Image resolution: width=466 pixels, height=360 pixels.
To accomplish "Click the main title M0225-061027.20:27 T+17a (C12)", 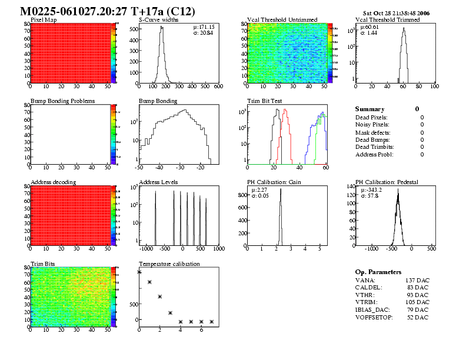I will pos(108,11).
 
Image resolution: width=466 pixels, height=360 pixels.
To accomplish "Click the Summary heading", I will pos(370,109).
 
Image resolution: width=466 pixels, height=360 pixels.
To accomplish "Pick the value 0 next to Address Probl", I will pos(422,155).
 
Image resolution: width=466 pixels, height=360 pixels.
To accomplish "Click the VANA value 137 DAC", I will pos(417,281).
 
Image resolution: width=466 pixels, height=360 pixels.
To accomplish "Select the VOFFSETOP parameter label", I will pos(375,318).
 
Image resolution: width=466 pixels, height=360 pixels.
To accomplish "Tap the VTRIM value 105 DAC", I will pos(417,302).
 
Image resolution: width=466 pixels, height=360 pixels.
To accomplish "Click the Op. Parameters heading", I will pos(378,272).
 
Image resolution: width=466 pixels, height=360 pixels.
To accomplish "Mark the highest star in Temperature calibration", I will pos(139,272).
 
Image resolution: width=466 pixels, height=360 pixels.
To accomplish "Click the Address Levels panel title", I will pos(158,182).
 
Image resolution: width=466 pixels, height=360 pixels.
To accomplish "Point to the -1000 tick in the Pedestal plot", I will pos(371,249).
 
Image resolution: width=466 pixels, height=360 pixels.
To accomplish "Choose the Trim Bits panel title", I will pos(43,264).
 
